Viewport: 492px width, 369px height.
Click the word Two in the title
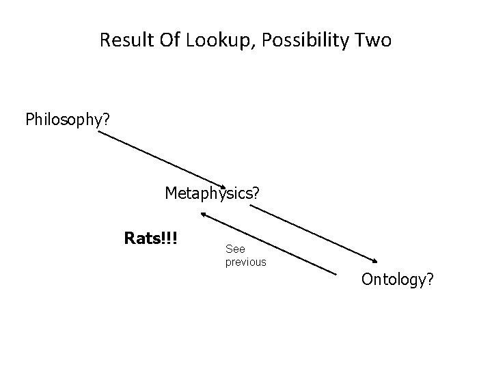[374, 40]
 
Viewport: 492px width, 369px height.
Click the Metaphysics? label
[212, 193]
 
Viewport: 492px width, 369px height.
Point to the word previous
[245, 262]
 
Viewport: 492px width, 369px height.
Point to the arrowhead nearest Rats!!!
[203, 215]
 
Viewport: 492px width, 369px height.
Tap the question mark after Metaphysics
[255, 193]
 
